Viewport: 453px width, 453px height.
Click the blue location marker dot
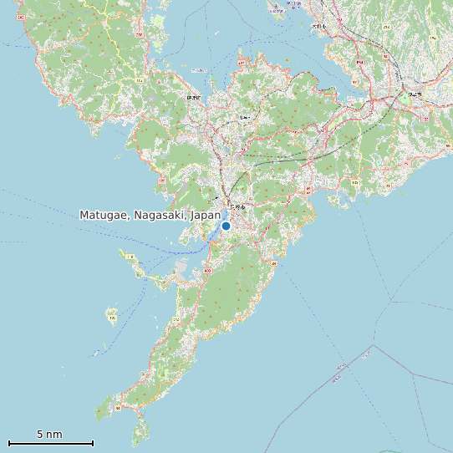click(x=226, y=226)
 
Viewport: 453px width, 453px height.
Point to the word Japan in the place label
click(x=206, y=215)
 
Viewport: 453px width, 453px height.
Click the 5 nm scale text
click(x=49, y=435)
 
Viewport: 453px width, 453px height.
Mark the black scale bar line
click(x=50, y=443)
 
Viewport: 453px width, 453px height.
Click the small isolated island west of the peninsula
click(x=111, y=316)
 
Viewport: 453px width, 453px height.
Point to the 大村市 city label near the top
click(x=318, y=27)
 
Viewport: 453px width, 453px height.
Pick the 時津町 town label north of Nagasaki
click(x=194, y=98)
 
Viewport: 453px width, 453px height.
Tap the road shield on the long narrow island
click(x=130, y=257)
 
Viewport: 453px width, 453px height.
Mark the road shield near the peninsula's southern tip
click(x=117, y=408)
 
